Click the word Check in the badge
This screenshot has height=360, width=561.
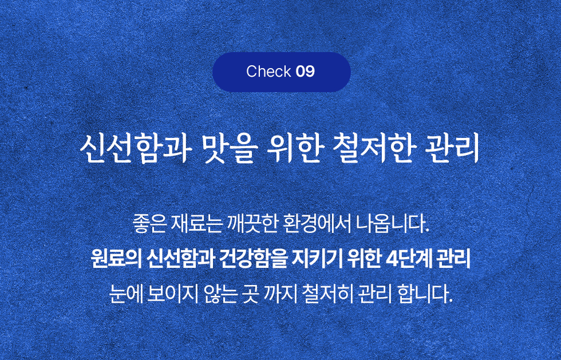point(268,71)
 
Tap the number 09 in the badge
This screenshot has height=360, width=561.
point(306,71)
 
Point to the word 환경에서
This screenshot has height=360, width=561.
point(316,224)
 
